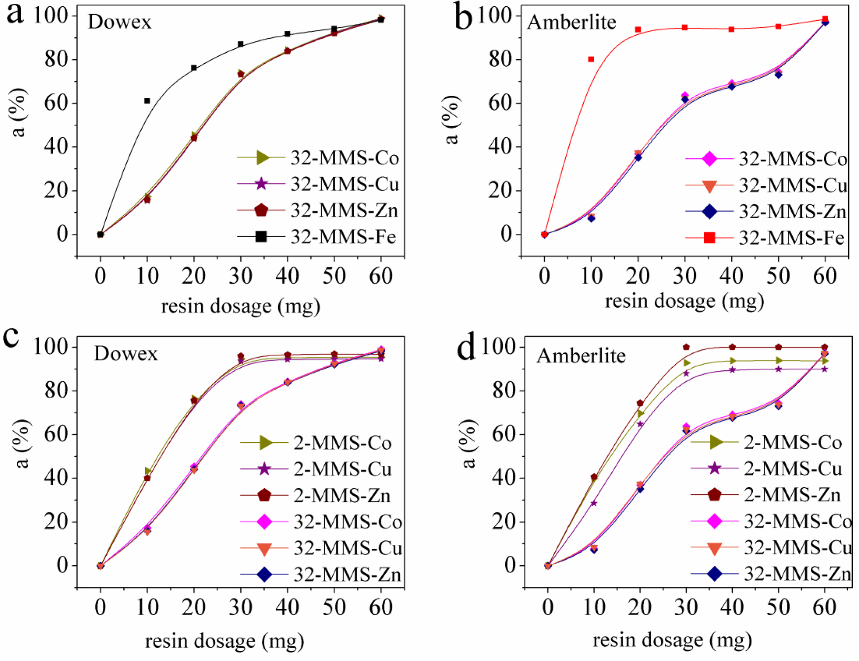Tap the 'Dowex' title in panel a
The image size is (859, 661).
tap(120, 21)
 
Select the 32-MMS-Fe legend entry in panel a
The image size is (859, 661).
tap(317, 237)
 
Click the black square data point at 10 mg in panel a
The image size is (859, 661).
tap(147, 101)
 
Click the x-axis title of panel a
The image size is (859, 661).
tap(240, 306)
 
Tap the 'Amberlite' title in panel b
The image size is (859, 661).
tap(572, 22)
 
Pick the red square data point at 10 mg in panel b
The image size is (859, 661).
tap(591, 59)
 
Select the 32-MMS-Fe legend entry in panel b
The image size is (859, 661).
tap(765, 238)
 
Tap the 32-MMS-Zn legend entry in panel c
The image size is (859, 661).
tap(321, 574)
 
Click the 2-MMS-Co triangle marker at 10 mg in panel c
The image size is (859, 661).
tap(148, 471)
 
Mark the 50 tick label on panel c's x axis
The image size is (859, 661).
tap(334, 607)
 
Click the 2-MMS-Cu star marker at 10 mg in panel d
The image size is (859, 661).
tap(593, 503)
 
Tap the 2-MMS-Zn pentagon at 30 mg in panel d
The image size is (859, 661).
tap(686, 347)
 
